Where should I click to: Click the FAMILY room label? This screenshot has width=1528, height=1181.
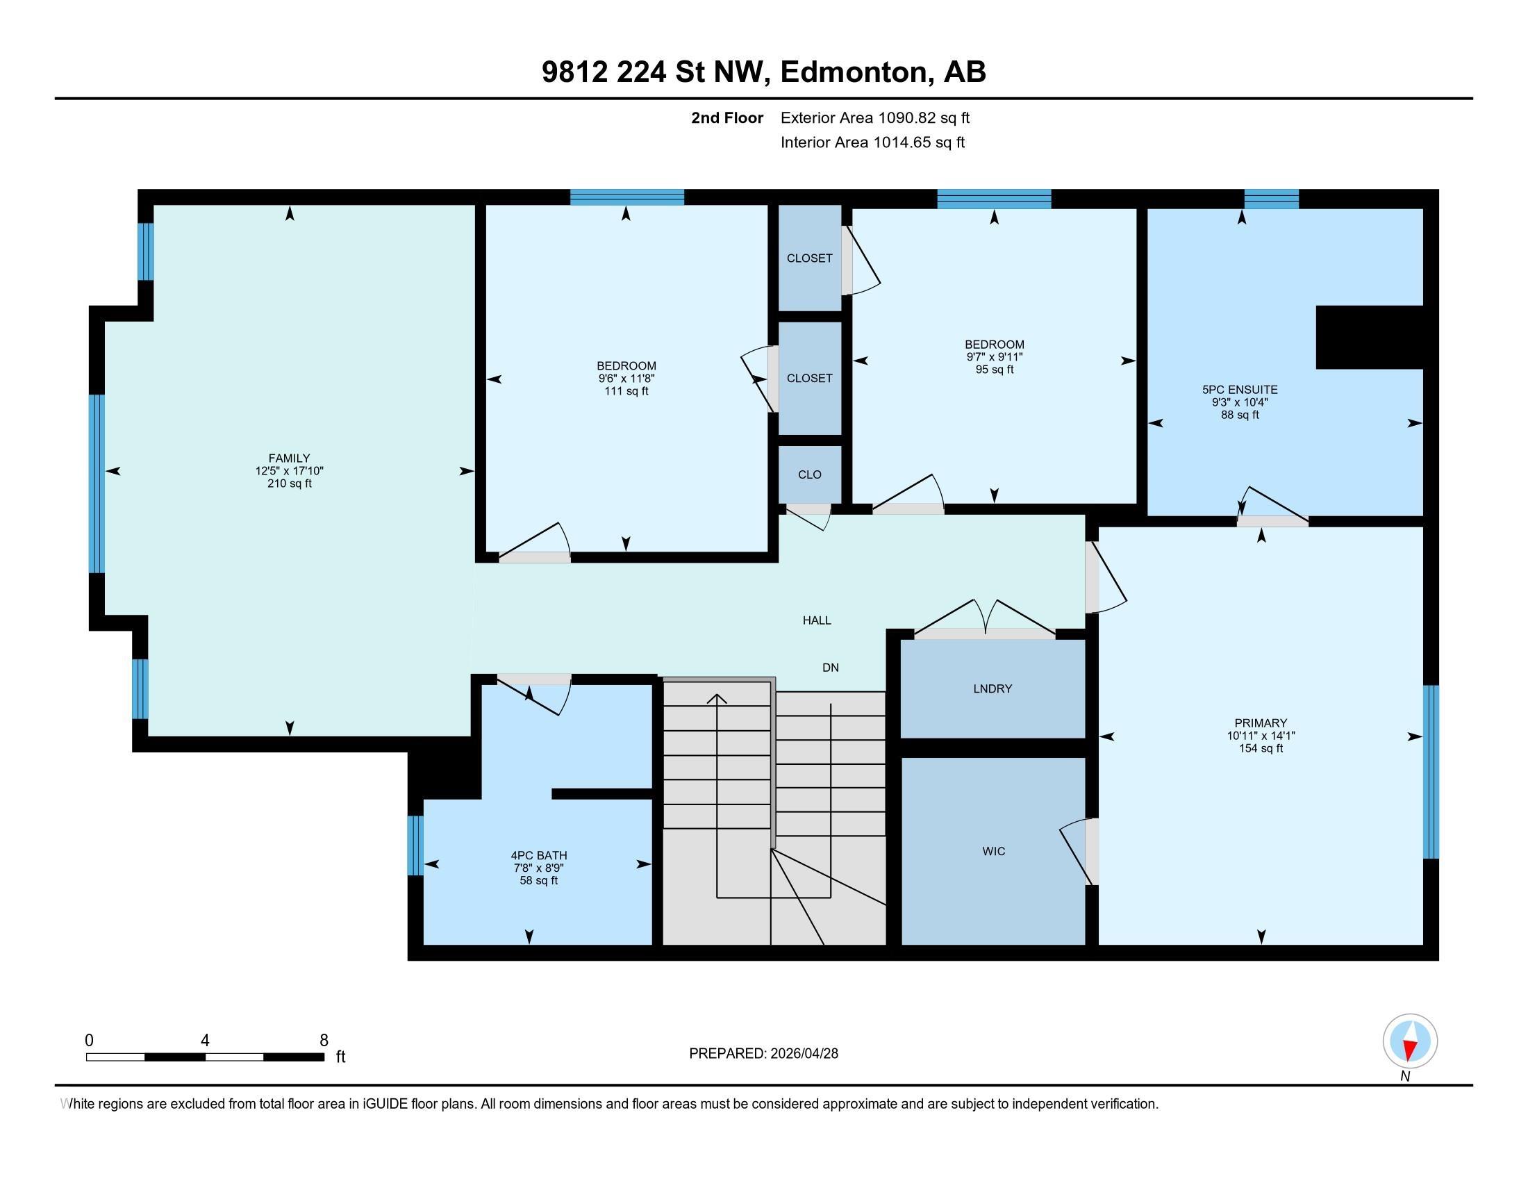[289, 459]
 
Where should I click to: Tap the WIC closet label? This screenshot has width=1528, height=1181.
[993, 851]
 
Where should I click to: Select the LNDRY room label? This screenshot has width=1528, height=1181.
[992, 688]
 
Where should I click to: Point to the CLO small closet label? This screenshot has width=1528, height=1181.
[809, 474]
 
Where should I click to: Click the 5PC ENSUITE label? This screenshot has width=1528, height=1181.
[1240, 390]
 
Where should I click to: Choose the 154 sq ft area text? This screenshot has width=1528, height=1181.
[1261, 748]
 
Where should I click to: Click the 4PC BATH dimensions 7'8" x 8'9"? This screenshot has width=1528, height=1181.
[538, 868]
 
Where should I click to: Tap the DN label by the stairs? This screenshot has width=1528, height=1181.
[831, 668]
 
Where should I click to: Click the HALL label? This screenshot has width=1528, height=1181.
[817, 620]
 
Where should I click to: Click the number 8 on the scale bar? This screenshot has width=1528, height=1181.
[323, 1040]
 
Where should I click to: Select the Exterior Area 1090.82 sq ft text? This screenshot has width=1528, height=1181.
[874, 117]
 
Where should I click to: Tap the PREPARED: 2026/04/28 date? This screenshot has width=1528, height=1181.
[763, 1053]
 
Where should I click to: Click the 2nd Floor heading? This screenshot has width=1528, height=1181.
[726, 117]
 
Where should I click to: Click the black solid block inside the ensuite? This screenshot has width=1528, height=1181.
[1369, 336]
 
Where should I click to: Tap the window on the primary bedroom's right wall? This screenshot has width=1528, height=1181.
[1431, 771]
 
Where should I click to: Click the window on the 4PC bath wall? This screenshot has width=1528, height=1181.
[415, 845]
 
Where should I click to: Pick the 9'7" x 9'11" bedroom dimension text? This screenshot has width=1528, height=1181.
[994, 357]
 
